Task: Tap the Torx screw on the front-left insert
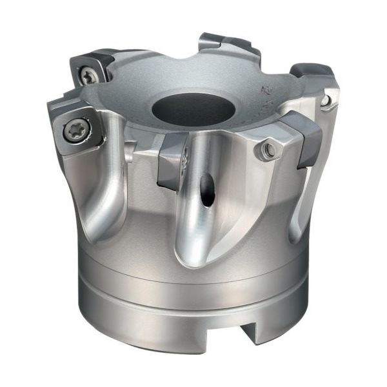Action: click(x=74, y=132)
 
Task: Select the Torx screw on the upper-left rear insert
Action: click(x=88, y=77)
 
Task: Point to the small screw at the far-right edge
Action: click(x=326, y=100)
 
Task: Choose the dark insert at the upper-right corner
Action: click(x=313, y=74)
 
